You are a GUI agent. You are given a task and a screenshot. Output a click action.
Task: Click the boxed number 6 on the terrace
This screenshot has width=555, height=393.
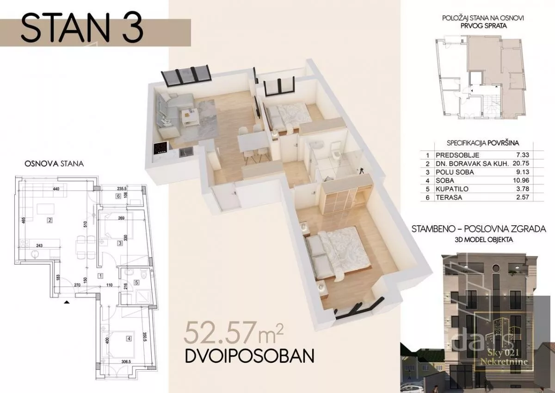(x=118, y=196)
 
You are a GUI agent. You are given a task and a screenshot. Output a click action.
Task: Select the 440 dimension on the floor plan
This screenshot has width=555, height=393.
(x=56, y=189)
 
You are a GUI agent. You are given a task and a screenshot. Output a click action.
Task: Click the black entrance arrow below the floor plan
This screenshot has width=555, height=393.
(x=67, y=302)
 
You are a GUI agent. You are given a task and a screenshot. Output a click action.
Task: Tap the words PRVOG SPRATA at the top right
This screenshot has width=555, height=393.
(x=484, y=26)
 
